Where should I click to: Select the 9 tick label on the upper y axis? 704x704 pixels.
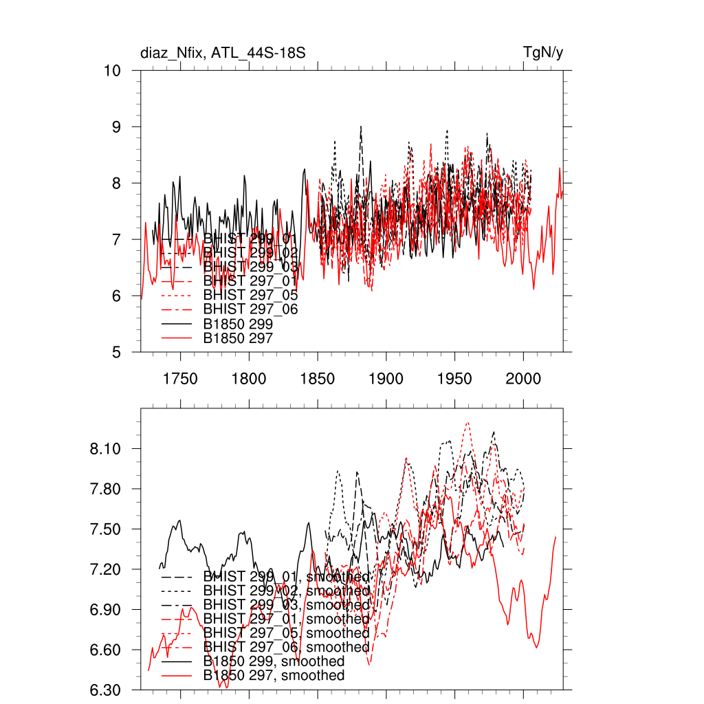[118, 127]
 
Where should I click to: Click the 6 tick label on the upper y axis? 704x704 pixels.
[118, 296]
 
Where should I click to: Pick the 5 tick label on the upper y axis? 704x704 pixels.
[118, 353]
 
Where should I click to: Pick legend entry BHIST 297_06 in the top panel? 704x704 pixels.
[250, 310]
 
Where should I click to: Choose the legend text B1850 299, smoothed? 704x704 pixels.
[274, 661]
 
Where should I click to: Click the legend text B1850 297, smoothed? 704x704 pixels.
[274, 676]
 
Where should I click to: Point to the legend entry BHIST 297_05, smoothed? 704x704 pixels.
[286, 633]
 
